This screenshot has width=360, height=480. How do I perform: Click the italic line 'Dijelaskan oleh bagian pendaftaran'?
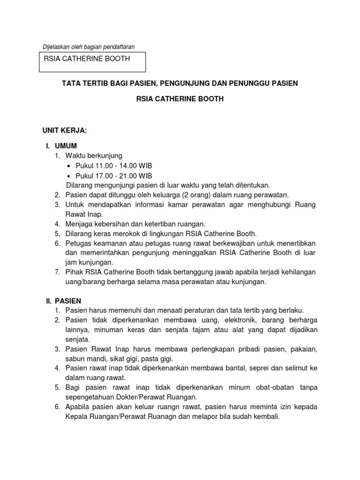[x=88, y=47]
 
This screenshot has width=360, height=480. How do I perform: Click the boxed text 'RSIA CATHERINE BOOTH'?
[x=87, y=59]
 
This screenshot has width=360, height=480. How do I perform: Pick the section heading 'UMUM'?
[x=66, y=145]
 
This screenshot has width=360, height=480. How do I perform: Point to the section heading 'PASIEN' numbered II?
[x=67, y=300]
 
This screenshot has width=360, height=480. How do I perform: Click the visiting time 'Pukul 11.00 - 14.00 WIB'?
[x=113, y=166]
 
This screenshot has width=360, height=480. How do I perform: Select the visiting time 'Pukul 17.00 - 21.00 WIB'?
[x=113, y=176]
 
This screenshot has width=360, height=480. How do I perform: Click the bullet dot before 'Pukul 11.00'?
[x=69, y=166]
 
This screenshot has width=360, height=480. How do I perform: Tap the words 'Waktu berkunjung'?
[x=94, y=156]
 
